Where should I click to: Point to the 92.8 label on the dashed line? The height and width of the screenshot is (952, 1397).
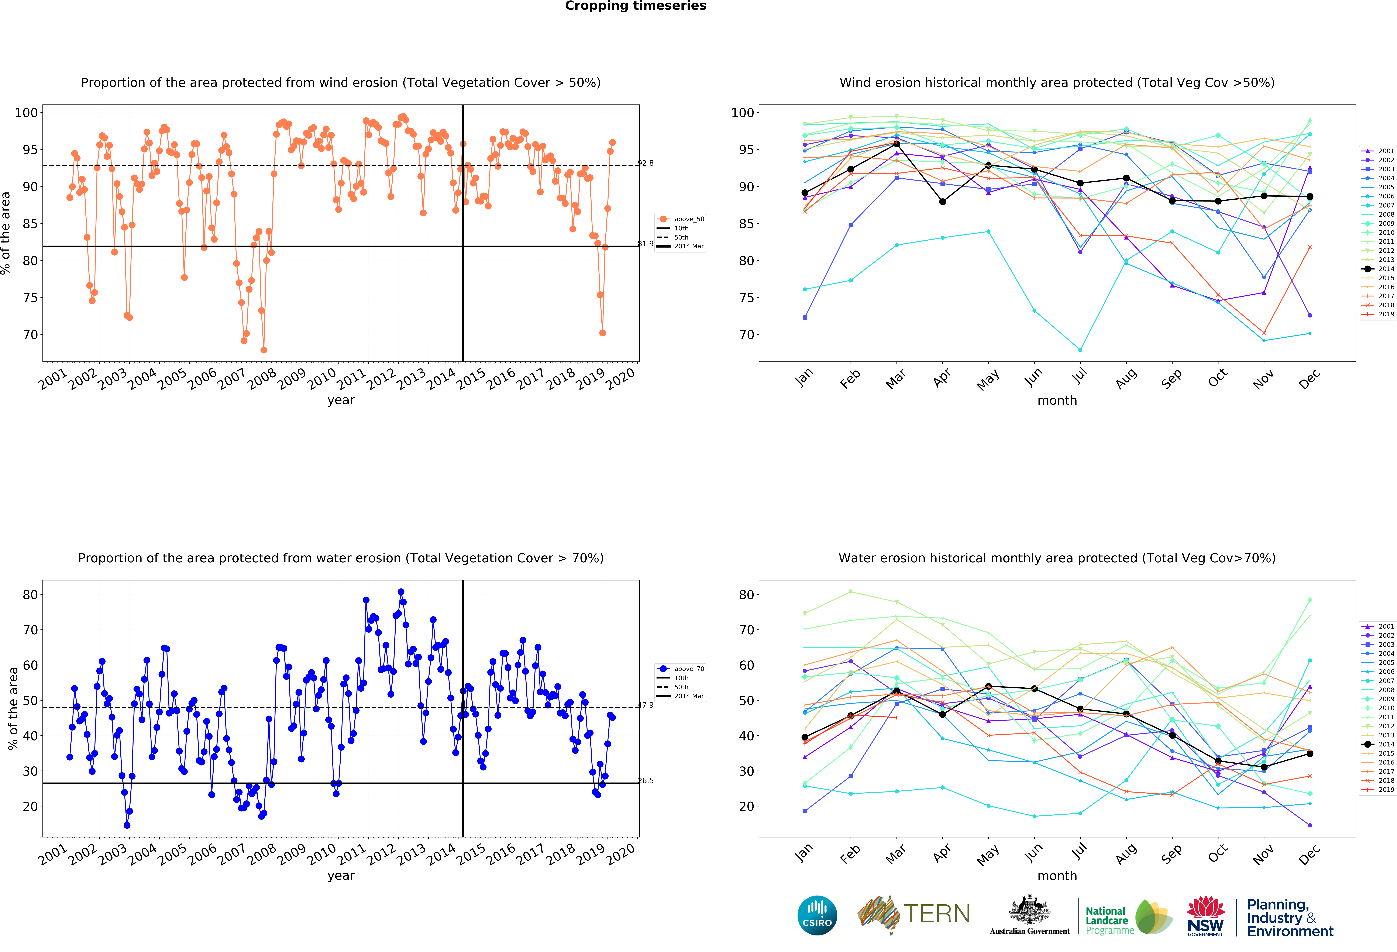(x=646, y=163)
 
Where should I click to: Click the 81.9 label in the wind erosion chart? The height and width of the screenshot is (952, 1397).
(x=646, y=243)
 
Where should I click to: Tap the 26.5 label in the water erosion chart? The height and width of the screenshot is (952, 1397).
(x=646, y=781)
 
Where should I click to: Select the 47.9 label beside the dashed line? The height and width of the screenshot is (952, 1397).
(x=646, y=705)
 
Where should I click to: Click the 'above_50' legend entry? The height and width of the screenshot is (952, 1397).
(x=681, y=219)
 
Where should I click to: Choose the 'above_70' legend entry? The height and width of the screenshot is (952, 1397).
(x=681, y=668)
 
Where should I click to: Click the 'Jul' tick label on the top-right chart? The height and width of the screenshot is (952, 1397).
(x=1080, y=376)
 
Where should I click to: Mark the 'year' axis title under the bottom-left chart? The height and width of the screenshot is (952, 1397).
(x=341, y=876)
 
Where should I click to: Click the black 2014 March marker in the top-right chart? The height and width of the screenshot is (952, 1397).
(x=896, y=144)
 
